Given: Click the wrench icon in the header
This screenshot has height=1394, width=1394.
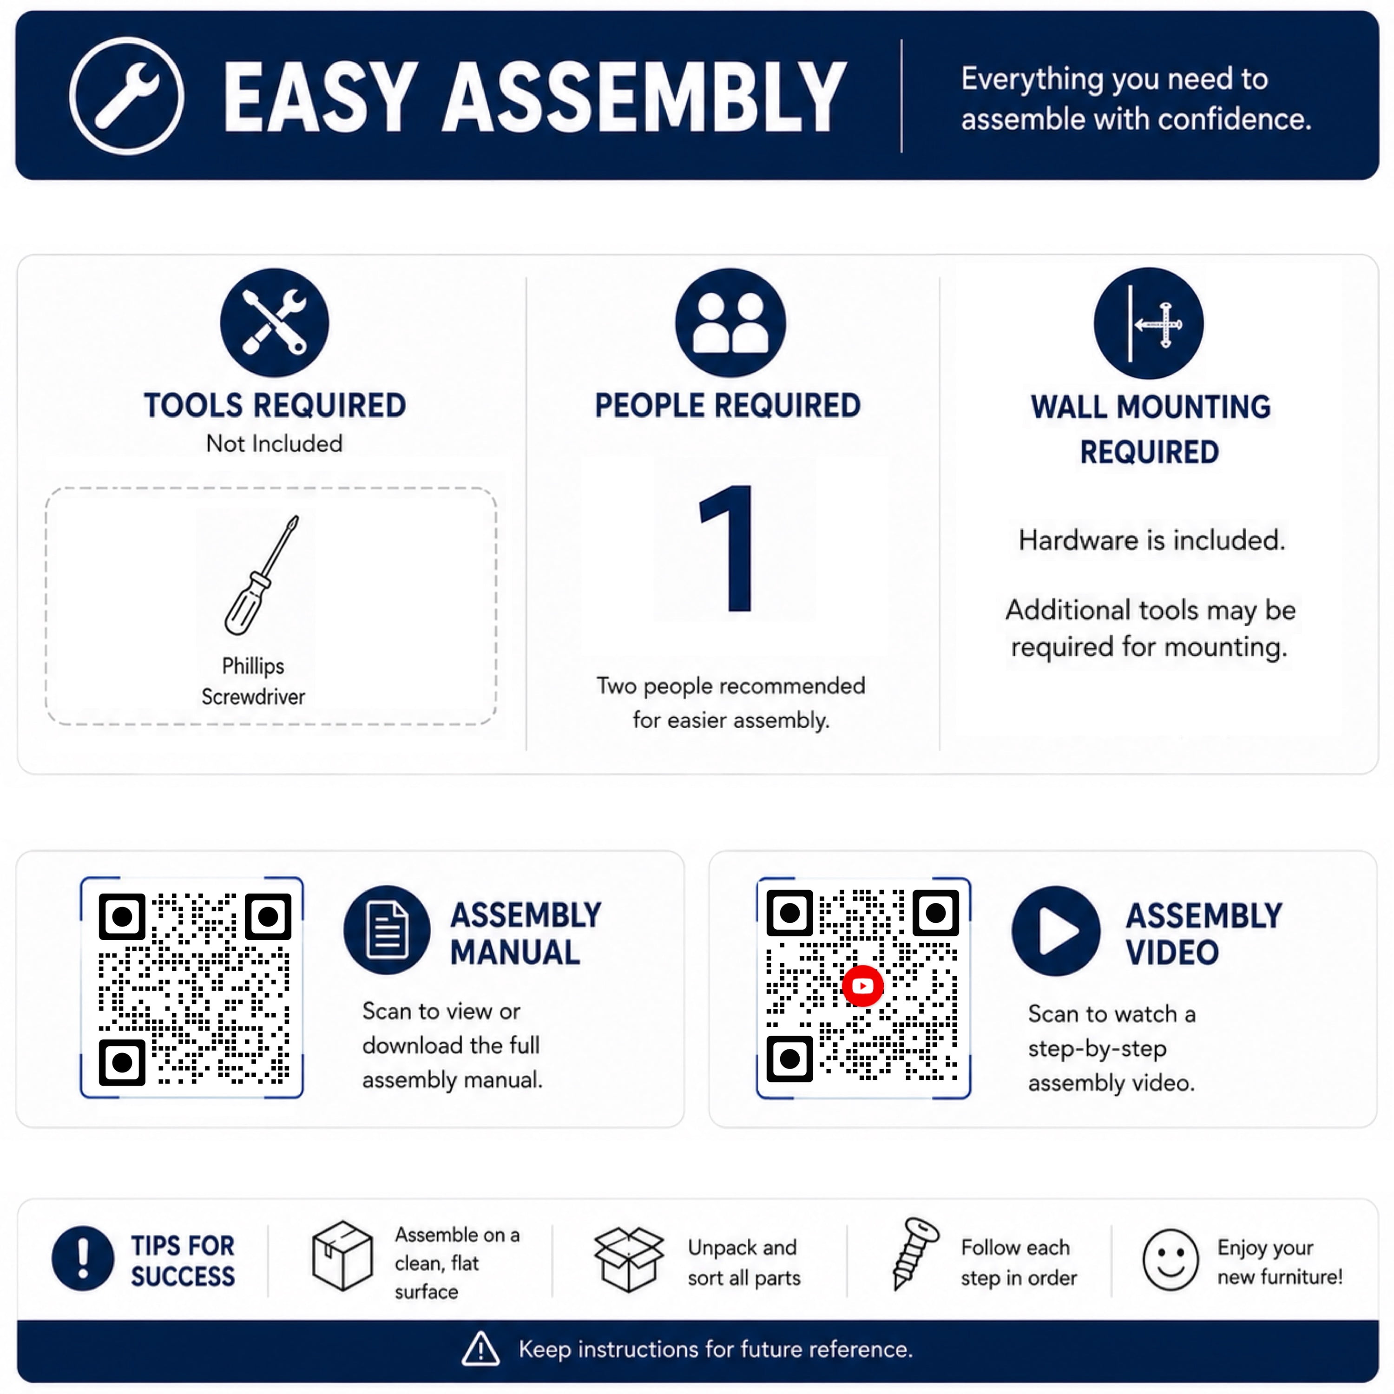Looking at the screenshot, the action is [127, 96].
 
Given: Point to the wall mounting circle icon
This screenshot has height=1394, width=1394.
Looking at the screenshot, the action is [1149, 323].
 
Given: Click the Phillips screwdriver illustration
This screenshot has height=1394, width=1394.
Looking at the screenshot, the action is [261, 575].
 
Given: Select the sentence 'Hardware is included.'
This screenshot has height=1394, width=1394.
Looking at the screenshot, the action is [1151, 539].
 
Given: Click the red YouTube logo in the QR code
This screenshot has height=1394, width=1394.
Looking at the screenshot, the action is [863, 986].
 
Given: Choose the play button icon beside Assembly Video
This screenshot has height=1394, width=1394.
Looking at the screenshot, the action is [1056, 931].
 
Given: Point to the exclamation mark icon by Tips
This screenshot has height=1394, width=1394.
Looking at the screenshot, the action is [83, 1258].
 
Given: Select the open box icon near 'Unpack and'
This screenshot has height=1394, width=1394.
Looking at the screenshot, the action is [628, 1259].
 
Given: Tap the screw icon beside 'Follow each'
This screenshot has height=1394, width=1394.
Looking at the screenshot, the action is [915, 1253].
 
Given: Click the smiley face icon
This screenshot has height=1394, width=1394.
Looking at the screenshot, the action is [1170, 1260].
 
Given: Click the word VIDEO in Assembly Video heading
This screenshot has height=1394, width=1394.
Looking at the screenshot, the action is [1172, 953].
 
